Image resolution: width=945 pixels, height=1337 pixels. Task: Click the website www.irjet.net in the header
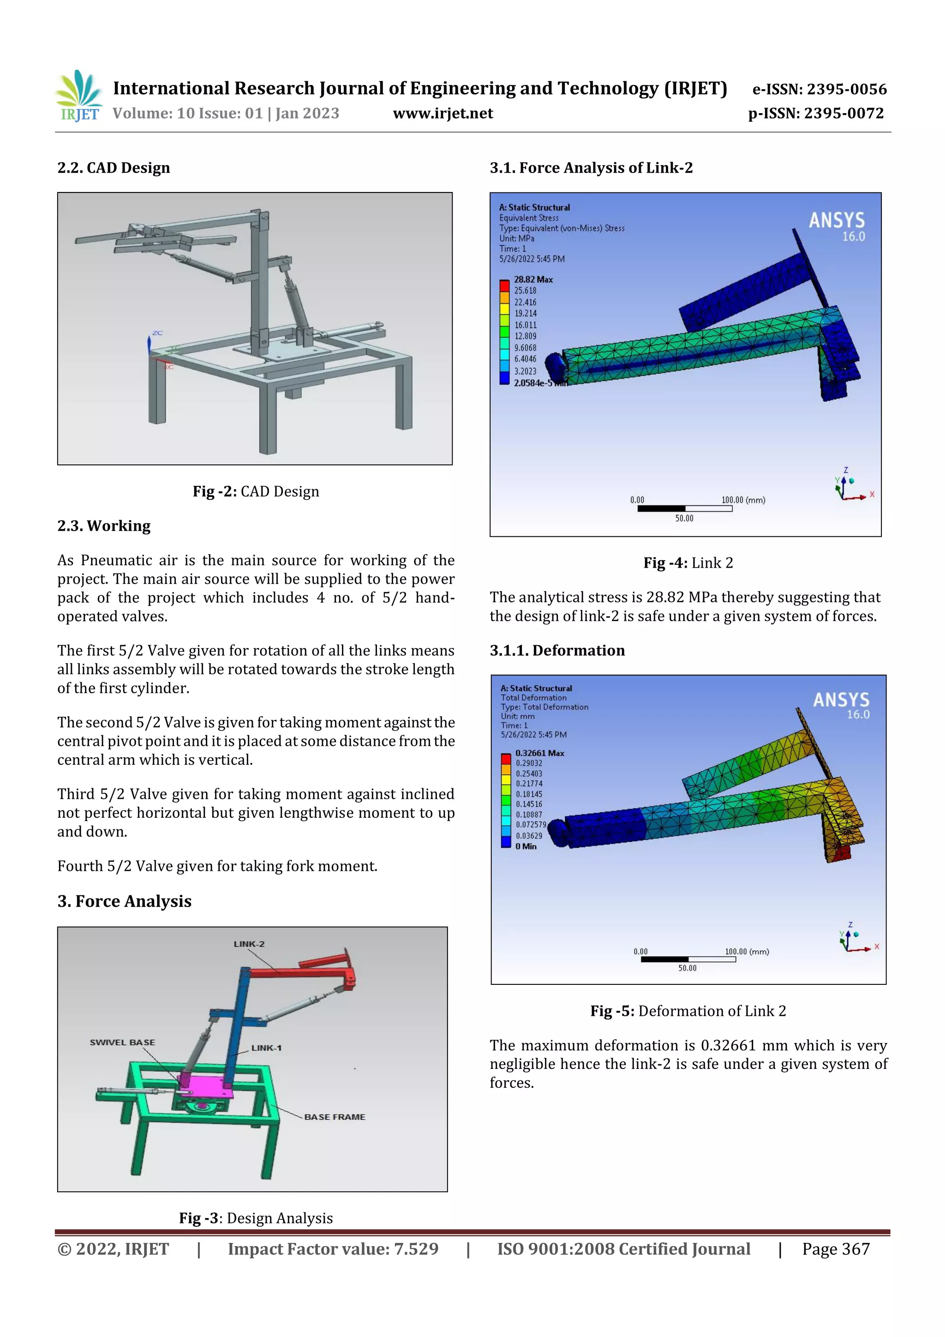(443, 114)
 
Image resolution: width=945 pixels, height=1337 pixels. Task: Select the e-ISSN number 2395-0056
(819, 89)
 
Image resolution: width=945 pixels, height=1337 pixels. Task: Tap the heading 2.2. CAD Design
(114, 168)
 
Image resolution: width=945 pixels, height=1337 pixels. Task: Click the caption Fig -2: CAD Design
(256, 492)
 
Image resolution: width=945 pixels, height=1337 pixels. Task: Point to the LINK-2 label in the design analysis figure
(249, 944)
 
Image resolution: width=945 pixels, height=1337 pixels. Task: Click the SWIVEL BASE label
(122, 1043)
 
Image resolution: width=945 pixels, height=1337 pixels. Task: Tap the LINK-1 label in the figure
(266, 1048)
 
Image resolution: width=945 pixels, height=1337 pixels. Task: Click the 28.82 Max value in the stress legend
(533, 280)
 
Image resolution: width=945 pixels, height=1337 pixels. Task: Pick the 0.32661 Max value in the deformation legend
(539, 753)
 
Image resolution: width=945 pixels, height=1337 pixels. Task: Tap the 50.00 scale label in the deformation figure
(687, 968)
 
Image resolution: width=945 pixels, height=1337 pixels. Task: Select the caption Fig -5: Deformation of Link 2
(688, 1011)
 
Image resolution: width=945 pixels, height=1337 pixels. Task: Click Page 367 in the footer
(836, 1249)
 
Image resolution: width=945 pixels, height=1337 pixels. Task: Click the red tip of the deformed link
(840, 854)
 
